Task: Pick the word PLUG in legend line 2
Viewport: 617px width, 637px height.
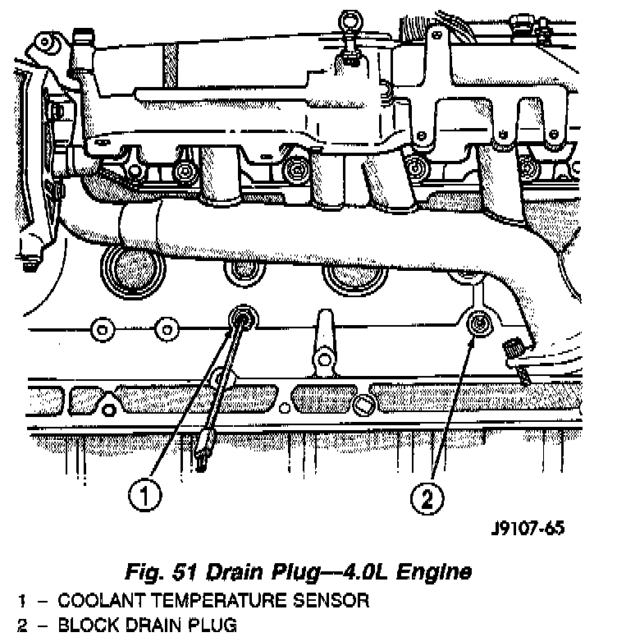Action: (209, 626)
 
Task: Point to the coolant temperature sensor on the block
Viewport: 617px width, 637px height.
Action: (243, 318)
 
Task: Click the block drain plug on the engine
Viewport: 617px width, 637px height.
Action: (477, 325)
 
